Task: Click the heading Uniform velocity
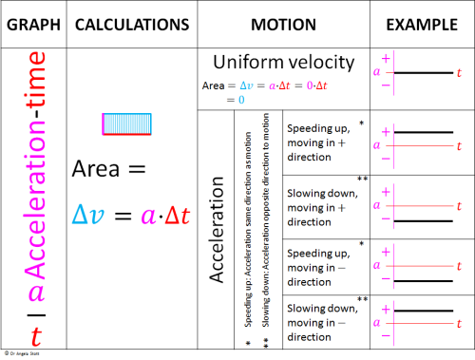283,64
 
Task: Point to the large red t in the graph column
35,334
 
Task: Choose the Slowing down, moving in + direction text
317,197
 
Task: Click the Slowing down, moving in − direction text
317,322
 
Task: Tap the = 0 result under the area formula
236,99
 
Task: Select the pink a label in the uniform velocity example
376,72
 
